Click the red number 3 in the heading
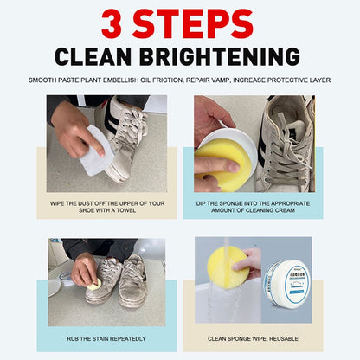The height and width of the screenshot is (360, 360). [114, 23]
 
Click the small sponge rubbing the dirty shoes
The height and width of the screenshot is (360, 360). [89, 281]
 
